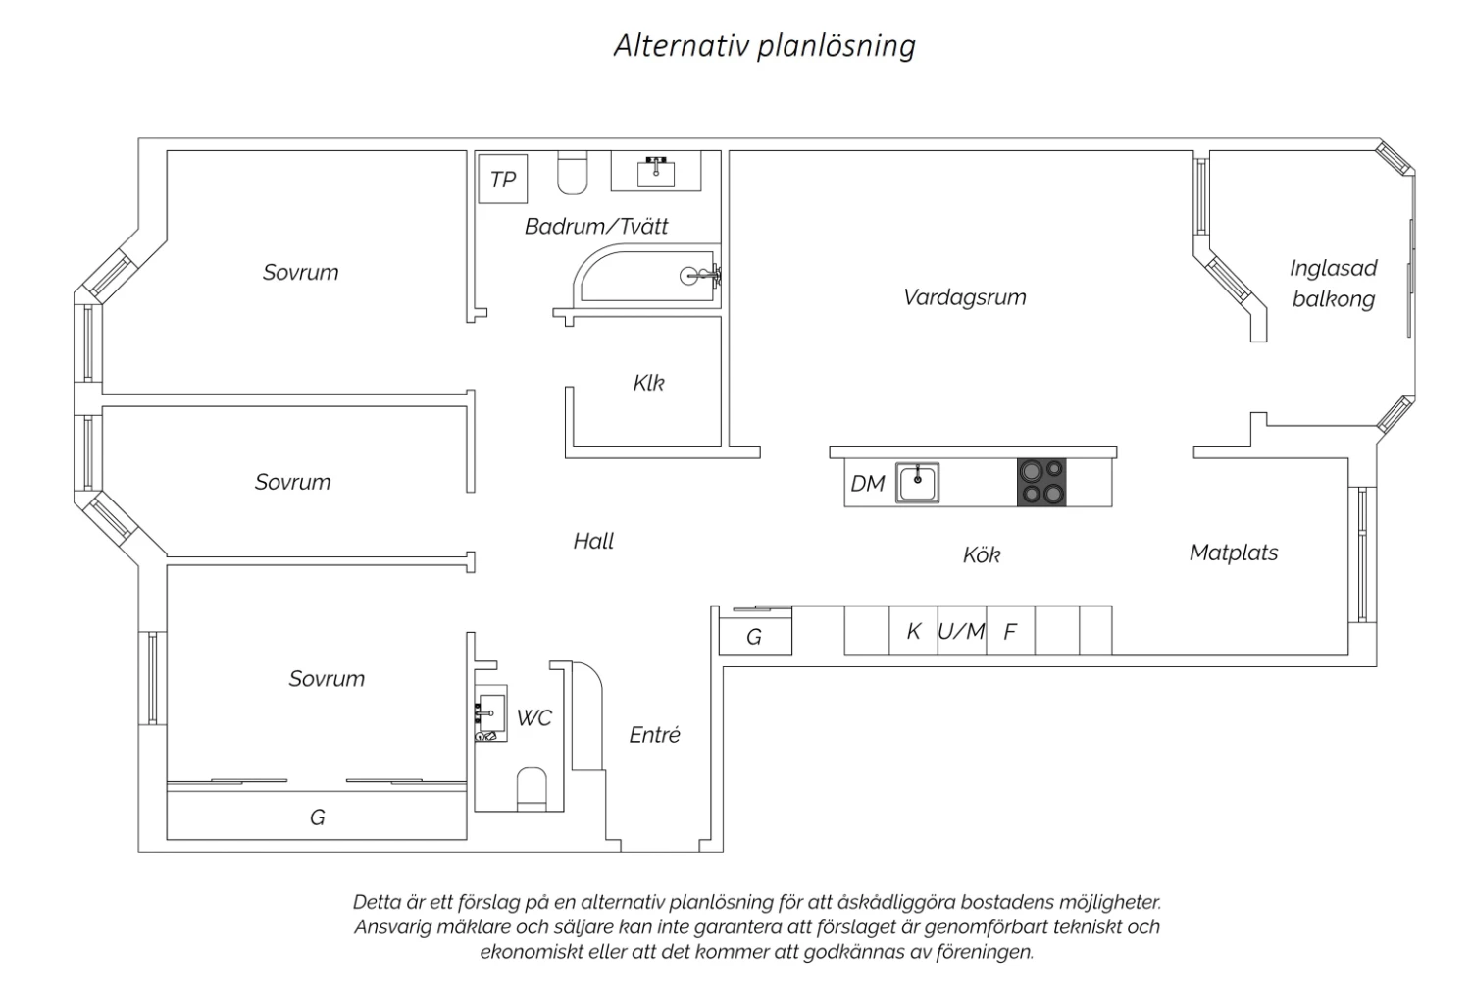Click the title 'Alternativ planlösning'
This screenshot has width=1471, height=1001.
pos(764,46)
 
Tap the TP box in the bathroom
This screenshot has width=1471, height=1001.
pos(503,179)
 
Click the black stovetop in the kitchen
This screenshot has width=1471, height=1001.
pos(1041,483)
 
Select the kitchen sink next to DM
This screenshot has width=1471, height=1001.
pos(917,483)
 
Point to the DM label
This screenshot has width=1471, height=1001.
pos(868,484)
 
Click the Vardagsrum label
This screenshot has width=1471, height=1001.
pos(964,297)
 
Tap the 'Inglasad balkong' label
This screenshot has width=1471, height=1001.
pos(1333,284)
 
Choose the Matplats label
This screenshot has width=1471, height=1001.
pos(1234,553)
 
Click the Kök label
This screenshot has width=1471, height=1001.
pos(982,554)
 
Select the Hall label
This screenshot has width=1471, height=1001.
pos(593,541)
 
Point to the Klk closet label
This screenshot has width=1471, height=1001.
pos(649,383)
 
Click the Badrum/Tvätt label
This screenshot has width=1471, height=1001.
pos(595,226)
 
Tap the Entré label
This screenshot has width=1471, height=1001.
pos(655,734)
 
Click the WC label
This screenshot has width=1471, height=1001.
pos(533,717)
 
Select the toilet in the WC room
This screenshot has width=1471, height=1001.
pos(532,789)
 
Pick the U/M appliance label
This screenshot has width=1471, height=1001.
pos(961,631)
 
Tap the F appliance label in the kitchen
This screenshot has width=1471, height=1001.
pos(1010,632)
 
